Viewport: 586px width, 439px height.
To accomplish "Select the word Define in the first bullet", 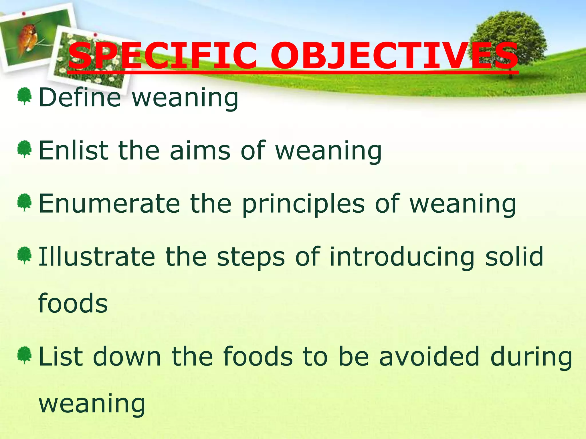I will click(x=80, y=98).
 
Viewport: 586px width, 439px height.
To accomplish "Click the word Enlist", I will click(x=73, y=151).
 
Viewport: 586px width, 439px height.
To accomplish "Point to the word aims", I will click(x=200, y=151).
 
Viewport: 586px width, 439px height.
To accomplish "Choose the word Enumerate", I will click(x=109, y=203).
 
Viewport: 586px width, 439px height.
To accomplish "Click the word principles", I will click(x=303, y=203).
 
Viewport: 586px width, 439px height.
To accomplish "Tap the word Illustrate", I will click(x=96, y=256).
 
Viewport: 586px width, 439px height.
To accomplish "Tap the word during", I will click(x=531, y=356).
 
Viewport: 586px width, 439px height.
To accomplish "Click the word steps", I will click(x=251, y=256).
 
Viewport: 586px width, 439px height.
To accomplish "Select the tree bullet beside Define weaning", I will click(x=24, y=96).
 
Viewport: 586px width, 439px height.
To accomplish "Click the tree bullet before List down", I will click(x=24, y=355).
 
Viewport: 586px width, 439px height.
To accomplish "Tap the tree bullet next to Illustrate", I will click(x=24, y=255).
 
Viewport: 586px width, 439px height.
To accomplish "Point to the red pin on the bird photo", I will click(x=24, y=13).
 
